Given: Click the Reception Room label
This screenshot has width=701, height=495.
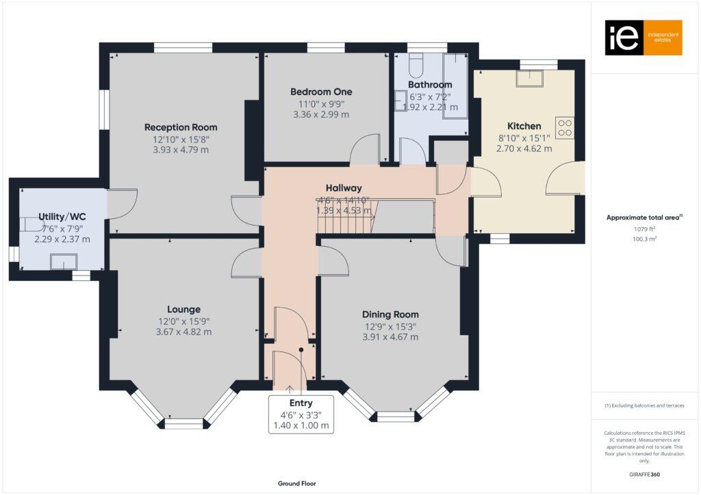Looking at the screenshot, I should tap(181, 127).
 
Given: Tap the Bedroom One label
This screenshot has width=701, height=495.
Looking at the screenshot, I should tap(321, 92).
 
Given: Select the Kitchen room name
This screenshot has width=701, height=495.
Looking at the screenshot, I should tap(524, 126).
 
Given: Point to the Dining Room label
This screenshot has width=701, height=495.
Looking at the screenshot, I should tap(390, 315).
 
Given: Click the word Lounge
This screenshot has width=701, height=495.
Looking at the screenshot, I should tap(183, 309).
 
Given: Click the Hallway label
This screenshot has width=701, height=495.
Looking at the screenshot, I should tap(343, 188).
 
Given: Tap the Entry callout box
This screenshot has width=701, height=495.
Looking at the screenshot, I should tap(301, 414).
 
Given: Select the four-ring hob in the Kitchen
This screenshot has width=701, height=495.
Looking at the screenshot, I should tap(565, 128).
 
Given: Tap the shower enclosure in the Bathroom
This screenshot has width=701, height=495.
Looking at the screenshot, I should tap(455, 85).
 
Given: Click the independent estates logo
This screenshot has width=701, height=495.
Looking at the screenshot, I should tap(643, 38).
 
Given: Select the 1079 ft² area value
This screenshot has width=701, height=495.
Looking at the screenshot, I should tap(643, 230).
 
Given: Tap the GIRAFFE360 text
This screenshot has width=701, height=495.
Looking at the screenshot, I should tap(645, 474).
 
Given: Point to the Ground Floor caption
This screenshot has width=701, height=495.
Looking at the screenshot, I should tap(296, 483).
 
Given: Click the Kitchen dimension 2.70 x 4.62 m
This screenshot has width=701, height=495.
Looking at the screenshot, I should tap(524, 148).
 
